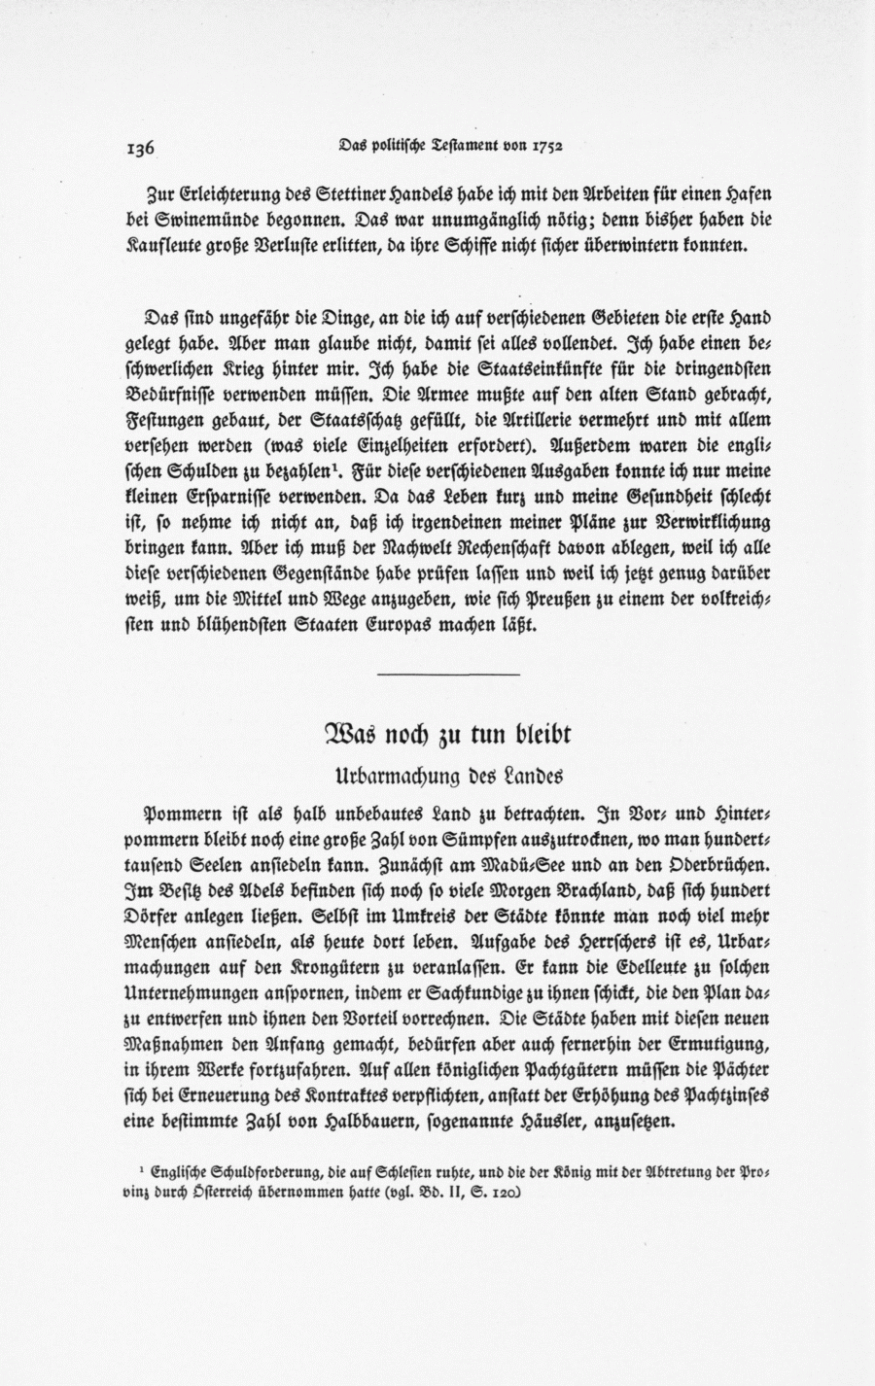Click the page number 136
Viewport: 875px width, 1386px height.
tap(141, 148)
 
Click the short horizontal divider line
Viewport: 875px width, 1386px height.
tap(447, 674)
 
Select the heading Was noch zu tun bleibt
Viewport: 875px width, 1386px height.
tap(446, 736)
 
